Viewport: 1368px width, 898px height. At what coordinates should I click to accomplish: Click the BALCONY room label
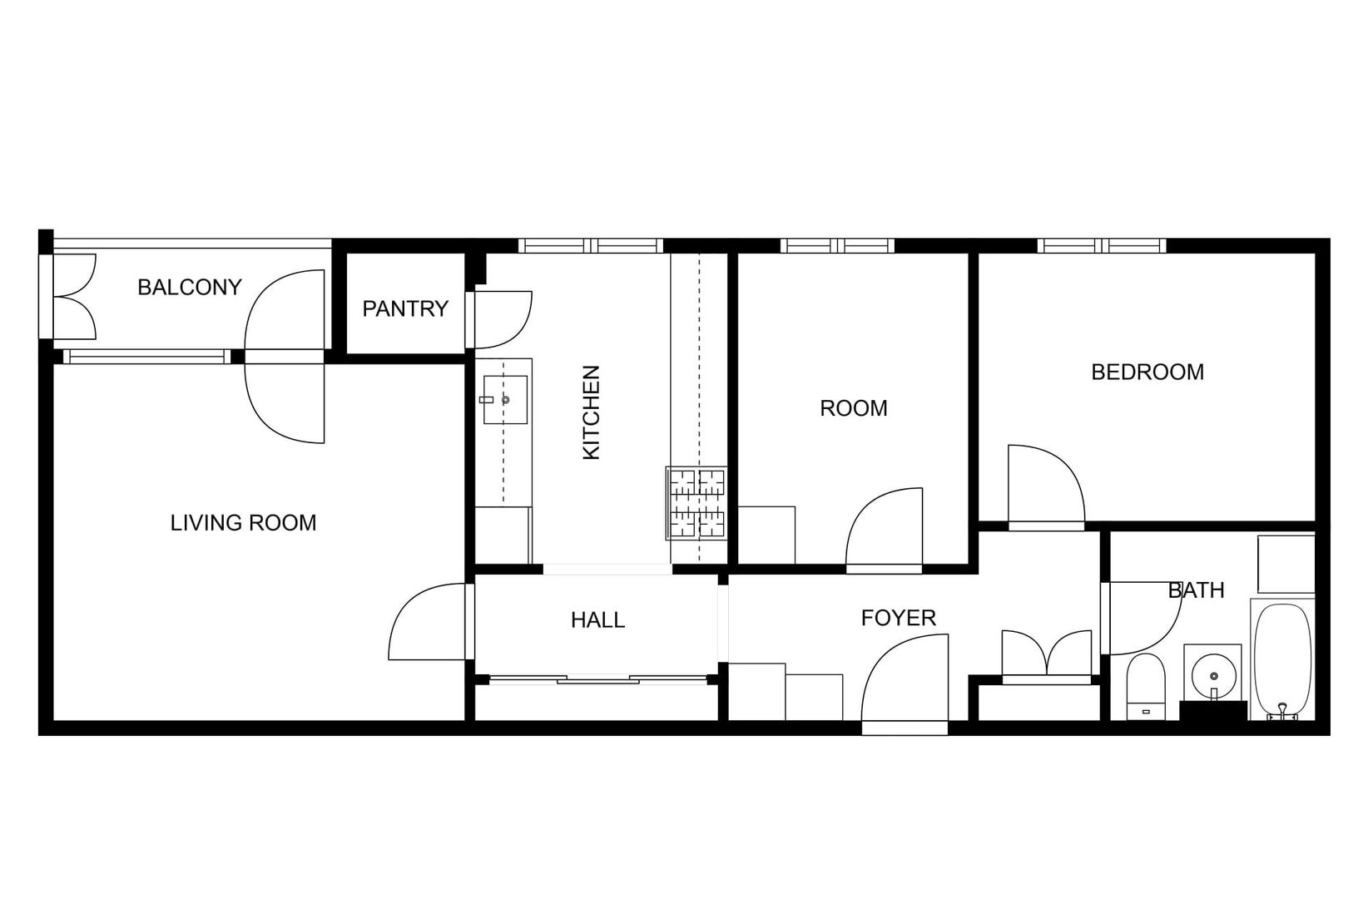(189, 288)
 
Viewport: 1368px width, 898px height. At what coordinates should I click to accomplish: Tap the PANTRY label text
(405, 309)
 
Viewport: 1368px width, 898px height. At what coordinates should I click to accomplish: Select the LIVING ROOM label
(243, 523)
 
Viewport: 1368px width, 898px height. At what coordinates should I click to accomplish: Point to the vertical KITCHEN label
(591, 412)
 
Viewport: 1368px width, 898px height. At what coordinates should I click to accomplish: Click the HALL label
(597, 620)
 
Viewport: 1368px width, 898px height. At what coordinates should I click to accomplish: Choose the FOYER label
(898, 618)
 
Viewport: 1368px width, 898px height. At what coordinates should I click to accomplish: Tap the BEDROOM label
(1147, 372)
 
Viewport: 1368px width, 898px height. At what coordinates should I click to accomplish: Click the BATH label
(1196, 590)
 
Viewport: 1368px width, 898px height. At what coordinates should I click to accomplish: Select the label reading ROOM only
(853, 408)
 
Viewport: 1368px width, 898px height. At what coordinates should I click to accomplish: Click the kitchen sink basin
(505, 400)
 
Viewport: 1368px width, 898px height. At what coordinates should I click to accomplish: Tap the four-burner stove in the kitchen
(696, 504)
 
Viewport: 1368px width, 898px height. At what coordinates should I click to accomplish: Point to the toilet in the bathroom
(1145, 686)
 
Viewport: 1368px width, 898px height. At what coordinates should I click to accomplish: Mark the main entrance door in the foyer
(905, 683)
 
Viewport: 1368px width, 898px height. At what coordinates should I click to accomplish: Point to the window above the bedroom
(1101, 245)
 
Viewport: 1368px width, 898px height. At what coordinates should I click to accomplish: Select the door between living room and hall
(429, 622)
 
